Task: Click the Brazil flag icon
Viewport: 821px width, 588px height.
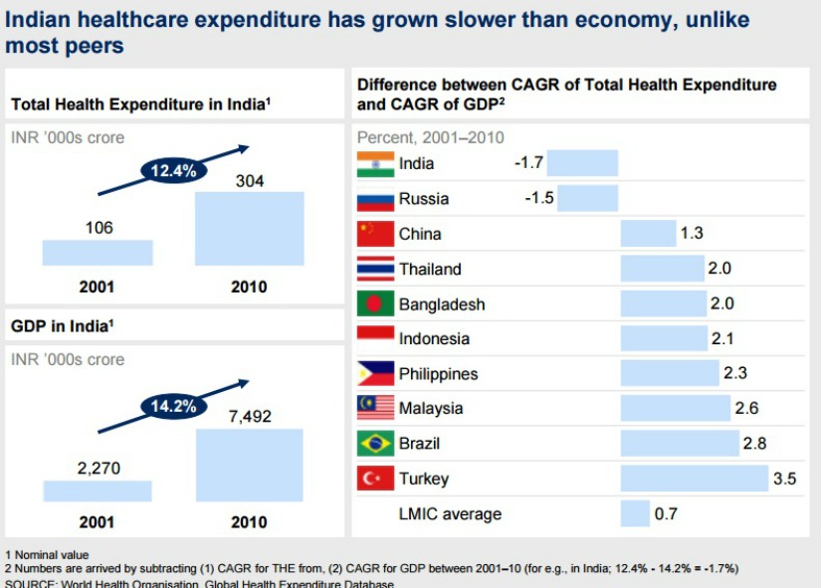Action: (x=375, y=444)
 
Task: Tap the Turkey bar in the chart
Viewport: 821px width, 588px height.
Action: (x=695, y=479)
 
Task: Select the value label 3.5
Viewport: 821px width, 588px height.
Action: (x=784, y=479)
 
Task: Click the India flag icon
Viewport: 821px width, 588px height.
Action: (x=375, y=163)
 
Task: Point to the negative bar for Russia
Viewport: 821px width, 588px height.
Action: (x=582, y=198)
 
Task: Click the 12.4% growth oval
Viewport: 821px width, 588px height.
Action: (x=174, y=170)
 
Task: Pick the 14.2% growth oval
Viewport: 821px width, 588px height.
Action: (x=174, y=405)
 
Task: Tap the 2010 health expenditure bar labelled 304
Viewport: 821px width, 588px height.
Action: (x=249, y=228)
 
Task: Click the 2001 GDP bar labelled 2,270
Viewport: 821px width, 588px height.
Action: (x=98, y=490)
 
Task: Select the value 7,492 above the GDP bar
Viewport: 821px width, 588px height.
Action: (x=249, y=416)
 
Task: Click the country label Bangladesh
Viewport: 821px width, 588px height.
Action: (x=442, y=304)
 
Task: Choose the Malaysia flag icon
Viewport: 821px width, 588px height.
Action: (x=375, y=408)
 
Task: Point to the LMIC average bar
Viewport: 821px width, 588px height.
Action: (x=634, y=513)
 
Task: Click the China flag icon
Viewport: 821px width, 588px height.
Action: (x=375, y=234)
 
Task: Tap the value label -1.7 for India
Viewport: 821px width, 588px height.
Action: (x=528, y=163)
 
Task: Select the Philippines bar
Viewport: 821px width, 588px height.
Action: (x=669, y=373)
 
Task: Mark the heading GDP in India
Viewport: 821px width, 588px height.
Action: (x=61, y=325)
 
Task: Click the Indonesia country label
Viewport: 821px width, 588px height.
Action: (x=434, y=339)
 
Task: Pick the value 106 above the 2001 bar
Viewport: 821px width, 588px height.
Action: (x=99, y=228)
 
